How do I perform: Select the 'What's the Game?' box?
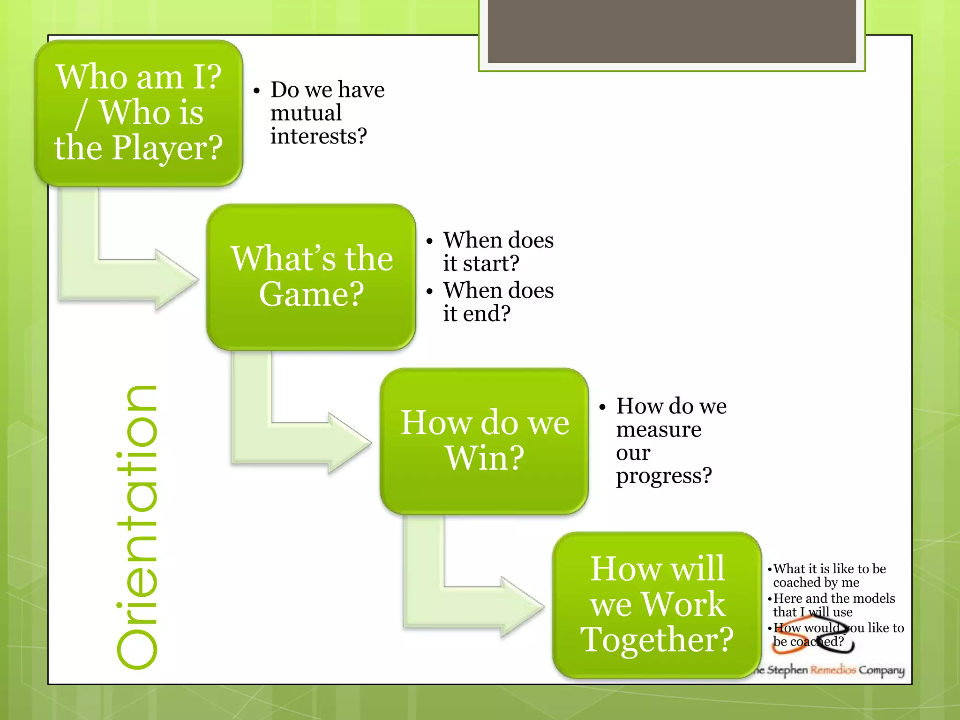coord(311,277)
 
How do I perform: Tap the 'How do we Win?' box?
coord(484,441)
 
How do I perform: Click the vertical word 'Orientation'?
coord(136,527)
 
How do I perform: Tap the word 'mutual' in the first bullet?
coord(306,113)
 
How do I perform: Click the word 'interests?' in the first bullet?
coord(319,136)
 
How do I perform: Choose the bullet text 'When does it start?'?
coord(498,252)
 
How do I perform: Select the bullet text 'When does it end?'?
coord(498,302)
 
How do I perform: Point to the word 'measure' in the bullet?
coord(659,429)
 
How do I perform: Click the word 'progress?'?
coord(664,476)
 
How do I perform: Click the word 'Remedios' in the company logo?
coord(833,670)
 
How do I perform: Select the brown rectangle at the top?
coord(672,31)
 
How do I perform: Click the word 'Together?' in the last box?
coord(657,639)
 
